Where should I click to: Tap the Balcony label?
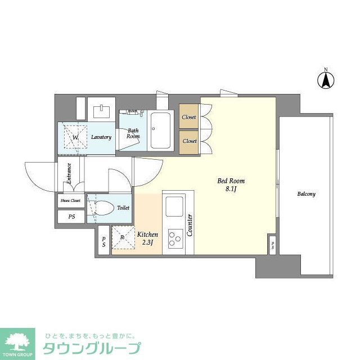(x=307, y=194)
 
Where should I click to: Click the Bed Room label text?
(x=231, y=181)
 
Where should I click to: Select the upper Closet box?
(x=189, y=117)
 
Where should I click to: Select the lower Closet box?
(x=189, y=141)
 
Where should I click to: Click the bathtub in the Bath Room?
(x=161, y=130)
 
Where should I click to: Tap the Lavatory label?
(x=101, y=137)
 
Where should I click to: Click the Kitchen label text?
(x=147, y=234)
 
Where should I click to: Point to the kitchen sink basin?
(x=174, y=206)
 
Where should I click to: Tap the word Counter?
(x=191, y=225)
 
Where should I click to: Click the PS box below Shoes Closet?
(x=71, y=217)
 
